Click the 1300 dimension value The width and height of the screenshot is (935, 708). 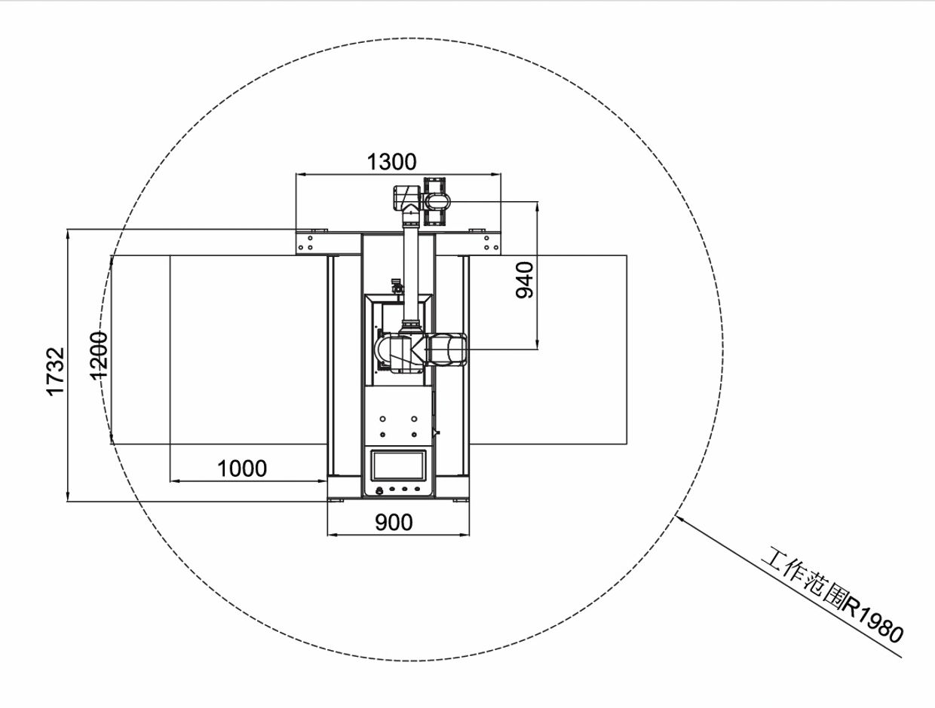pyautogui.click(x=391, y=162)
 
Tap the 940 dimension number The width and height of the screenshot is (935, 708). pyautogui.click(x=524, y=280)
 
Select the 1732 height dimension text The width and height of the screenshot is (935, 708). pyautogui.click(x=56, y=372)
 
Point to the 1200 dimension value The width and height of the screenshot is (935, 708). pyautogui.click(x=99, y=356)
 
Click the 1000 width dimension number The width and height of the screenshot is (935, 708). pyautogui.click(x=242, y=469)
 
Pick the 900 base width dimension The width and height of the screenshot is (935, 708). pyautogui.click(x=394, y=523)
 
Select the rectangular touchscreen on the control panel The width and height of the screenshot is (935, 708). pyautogui.click(x=399, y=466)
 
